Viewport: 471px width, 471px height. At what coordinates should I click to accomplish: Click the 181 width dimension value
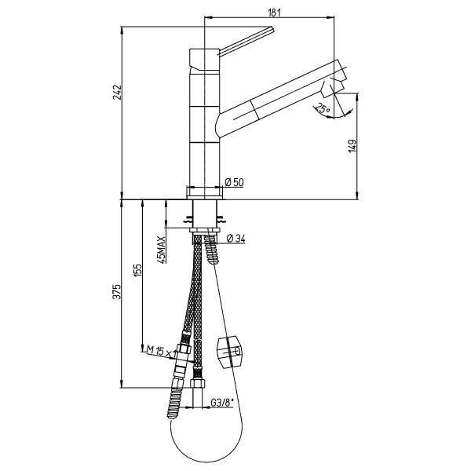click(273, 13)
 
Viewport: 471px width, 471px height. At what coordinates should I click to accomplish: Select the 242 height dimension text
click(116, 92)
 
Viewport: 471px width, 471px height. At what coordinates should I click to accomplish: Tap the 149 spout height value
click(353, 145)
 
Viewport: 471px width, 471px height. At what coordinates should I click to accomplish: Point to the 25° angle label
click(323, 109)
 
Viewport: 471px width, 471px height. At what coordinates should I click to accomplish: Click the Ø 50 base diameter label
click(234, 182)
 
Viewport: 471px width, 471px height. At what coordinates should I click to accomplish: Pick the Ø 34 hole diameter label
click(236, 239)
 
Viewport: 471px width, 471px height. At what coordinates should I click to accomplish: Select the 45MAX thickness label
click(161, 250)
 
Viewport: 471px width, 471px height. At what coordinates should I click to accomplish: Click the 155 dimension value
click(137, 271)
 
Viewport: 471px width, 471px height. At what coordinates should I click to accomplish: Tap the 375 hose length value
click(116, 291)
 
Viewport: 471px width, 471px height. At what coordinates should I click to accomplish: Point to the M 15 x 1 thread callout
click(161, 351)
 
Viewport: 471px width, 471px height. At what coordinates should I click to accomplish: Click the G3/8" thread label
click(222, 403)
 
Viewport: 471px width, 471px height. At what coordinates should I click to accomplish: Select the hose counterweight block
click(229, 352)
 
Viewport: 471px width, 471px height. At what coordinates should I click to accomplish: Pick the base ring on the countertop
click(205, 192)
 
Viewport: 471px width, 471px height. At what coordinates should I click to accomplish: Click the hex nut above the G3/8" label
click(197, 383)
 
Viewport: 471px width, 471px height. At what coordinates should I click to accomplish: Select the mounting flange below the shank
click(205, 230)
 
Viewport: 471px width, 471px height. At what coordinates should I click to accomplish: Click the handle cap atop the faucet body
click(204, 60)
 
